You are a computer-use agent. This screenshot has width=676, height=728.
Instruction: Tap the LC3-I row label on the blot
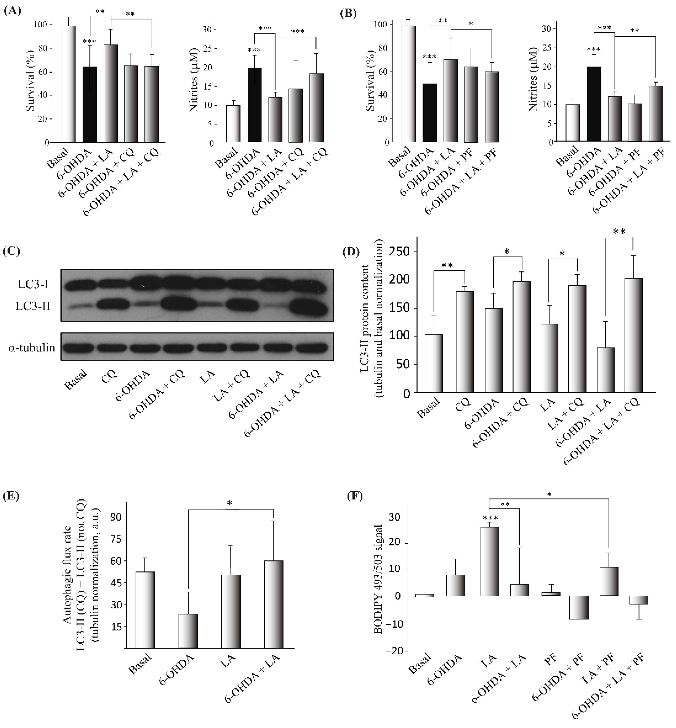click(x=33, y=284)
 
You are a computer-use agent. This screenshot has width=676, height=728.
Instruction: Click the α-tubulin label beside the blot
click(x=32, y=348)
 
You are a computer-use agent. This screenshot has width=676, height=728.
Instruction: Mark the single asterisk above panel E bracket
click(x=230, y=503)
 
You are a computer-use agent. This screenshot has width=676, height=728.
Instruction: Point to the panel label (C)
click(x=11, y=251)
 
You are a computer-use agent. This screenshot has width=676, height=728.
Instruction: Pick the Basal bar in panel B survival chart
click(x=409, y=84)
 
